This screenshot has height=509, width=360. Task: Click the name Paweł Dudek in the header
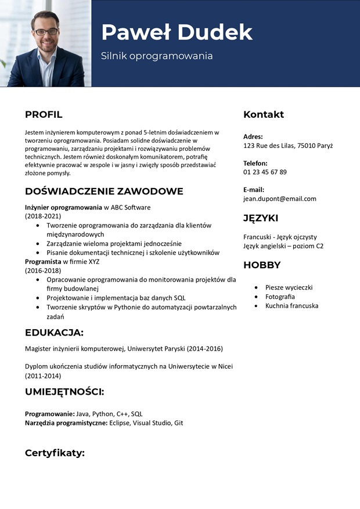177,33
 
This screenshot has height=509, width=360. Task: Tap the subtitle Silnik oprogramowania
157,56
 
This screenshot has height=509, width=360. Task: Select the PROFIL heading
44,114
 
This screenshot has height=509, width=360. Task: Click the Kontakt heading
264,114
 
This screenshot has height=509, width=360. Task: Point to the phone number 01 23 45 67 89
265,172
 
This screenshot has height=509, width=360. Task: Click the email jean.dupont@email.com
280,198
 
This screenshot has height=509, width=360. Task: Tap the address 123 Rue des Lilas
269,146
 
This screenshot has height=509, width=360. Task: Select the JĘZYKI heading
261,218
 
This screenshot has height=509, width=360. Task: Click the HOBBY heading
262,265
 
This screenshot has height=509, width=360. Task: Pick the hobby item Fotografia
280,297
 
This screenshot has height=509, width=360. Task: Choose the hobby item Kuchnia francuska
291,306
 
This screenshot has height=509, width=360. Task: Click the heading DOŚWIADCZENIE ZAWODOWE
104,192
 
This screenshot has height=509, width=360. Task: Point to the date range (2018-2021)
43,216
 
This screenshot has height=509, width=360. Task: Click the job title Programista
43,262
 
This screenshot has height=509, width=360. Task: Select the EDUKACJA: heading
54,333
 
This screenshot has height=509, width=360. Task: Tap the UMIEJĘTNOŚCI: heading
64,392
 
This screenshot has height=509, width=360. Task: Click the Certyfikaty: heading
55,453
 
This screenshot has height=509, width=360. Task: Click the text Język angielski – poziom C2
283,246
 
